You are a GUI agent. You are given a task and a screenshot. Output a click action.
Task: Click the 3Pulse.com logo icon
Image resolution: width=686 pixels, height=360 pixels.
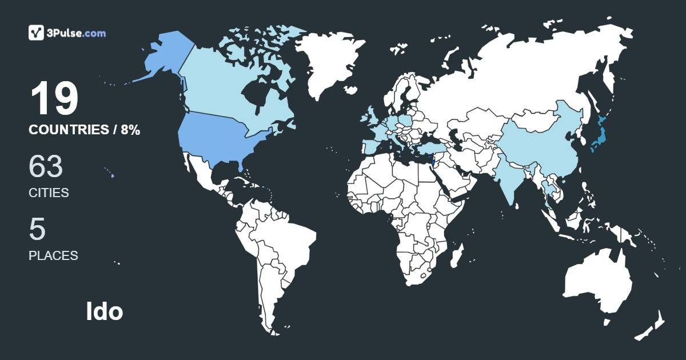click(37, 33)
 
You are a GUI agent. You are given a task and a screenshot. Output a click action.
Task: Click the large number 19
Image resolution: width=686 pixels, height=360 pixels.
click(54, 99)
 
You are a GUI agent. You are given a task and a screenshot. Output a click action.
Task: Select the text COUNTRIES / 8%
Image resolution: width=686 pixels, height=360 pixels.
click(84, 130)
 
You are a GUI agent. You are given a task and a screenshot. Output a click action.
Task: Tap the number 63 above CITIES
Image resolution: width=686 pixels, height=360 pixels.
click(46, 167)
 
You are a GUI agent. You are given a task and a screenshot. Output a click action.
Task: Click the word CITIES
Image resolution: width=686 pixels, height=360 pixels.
click(49, 193)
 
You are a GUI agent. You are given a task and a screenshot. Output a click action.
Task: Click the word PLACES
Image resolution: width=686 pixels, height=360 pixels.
click(53, 255)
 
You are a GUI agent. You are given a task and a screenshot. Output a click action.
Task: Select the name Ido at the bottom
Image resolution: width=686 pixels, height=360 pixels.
click(105, 311)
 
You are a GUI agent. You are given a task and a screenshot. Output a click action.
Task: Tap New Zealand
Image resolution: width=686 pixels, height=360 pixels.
click(652, 326)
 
